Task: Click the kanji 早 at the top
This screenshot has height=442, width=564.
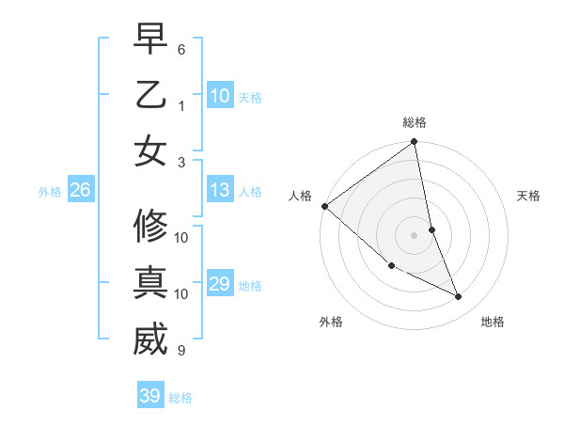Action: click(x=150, y=40)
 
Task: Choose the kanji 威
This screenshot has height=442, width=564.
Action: click(x=150, y=339)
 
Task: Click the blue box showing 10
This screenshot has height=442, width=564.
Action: click(x=220, y=96)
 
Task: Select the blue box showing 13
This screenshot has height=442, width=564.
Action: click(x=220, y=191)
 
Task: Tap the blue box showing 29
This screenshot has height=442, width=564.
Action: click(x=220, y=285)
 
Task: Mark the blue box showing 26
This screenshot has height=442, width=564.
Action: click(x=80, y=191)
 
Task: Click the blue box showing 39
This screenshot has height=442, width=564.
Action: click(x=150, y=396)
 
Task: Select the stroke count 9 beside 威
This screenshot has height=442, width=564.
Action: click(x=181, y=351)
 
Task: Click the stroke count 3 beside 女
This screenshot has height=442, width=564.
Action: click(x=181, y=161)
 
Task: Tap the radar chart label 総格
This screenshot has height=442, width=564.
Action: click(x=415, y=122)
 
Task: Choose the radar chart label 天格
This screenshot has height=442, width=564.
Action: click(x=529, y=196)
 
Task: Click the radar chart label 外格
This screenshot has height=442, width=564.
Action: click(x=331, y=322)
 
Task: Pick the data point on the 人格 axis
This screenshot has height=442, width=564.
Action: click(x=323, y=206)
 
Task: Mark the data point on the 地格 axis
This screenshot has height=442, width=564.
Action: click(x=458, y=297)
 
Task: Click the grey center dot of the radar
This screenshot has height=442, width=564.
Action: click(x=414, y=235)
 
